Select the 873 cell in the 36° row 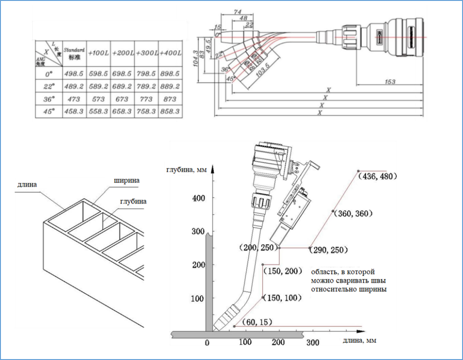tap(170, 99)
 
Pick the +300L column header tap(146, 53)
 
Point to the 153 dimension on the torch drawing tap(389, 82)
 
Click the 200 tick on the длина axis tap(279, 342)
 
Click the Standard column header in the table tap(74, 53)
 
